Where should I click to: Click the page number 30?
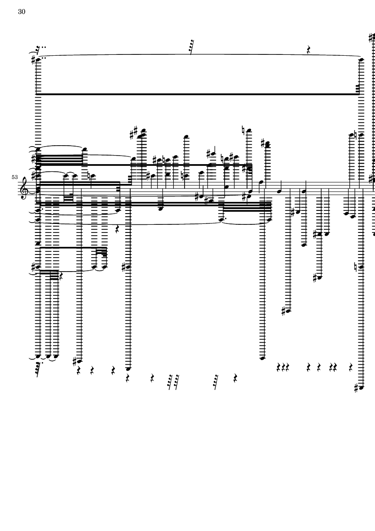pos(22,12)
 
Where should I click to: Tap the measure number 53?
pos(15,178)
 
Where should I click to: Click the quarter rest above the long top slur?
pos(309,50)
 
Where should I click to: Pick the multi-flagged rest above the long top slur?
pos(192,46)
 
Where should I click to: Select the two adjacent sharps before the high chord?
pos(133,133)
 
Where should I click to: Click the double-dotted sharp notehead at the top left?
pos(39,59)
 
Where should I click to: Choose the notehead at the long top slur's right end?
pos(362,59)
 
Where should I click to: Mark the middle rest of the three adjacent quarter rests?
pos(283,368)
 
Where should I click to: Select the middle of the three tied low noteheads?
pos(49,357)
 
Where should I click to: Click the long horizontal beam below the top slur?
pos(198,94)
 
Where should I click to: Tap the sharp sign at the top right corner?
pos(371,38)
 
